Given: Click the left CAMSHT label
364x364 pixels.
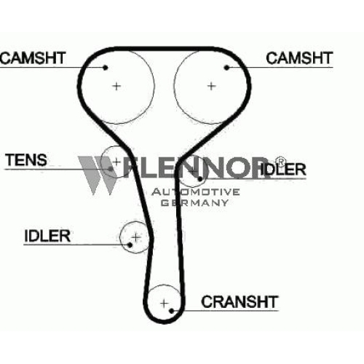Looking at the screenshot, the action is pyautogui.click(x=33, y=58).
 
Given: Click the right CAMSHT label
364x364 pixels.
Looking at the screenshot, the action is pyautogui.click(x=299, y=58).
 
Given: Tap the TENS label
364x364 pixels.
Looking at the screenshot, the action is pyautogui.click(x=26, y=160).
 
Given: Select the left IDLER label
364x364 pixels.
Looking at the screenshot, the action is pyautogui.click(x=47, y=236).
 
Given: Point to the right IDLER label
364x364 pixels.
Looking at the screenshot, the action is pyautogui.click(x=283, y=169).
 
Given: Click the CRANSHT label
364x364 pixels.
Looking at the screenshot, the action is pyautogui.click(x=240, y=301).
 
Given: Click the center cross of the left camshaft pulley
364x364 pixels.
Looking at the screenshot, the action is pyautogui.click(x=116, y=86).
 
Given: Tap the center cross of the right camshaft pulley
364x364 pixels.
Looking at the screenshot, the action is pyautogui.click(x=212, y=86).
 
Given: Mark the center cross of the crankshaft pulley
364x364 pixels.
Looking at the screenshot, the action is pyautogui.click(x=165, y=303).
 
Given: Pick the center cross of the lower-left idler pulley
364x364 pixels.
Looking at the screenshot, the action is pyautogui.click(x=136, y=237).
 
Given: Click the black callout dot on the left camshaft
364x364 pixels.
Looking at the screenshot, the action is pyautogui.click(x=106, y=68).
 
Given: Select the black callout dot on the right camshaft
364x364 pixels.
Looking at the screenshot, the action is pyautogui.click(x=226, y=68).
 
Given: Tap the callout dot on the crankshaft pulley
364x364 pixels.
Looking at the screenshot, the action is pyautogui.click(x=172, y=311).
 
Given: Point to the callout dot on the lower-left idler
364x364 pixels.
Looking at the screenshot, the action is pyautogui.click(x=130, y=245).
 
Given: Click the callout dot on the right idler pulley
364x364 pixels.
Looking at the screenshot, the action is pyautogui.click(x=200, y=179).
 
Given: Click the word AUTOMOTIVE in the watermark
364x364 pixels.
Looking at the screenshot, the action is pyautogui.click(x=196, y=192).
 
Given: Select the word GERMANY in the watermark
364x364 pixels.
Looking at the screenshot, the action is pyautogui.click(x=195, y=202).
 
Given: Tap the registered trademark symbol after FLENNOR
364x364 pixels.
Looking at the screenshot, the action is pyautogui.click(x=280, y=162).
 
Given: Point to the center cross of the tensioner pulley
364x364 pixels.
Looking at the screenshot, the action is pyautogui.click(x=116, y=162).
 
